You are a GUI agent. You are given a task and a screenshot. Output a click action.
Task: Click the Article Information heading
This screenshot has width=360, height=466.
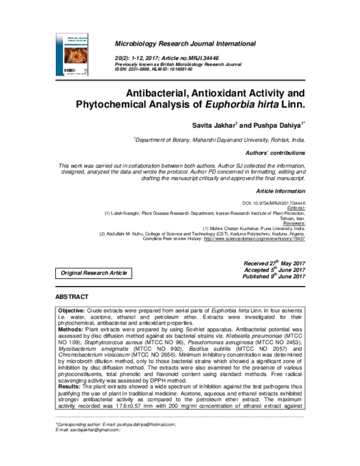(281, 190)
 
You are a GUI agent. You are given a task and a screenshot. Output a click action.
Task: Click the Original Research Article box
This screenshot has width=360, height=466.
(92, 273)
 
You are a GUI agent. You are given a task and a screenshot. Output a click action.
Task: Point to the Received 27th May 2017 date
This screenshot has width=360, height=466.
(275, 264)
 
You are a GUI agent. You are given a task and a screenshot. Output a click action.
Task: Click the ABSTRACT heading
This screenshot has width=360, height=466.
(72, 297)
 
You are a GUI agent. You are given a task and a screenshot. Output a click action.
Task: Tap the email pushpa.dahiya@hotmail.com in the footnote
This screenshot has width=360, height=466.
(141, 441)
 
